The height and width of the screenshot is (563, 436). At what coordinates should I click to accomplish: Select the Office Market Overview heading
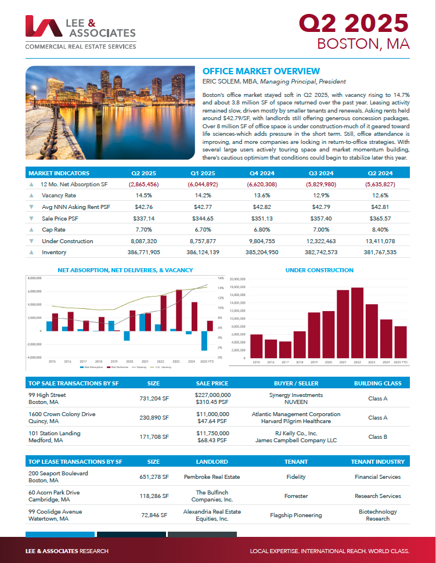pyautogui.click(x=261, y=71)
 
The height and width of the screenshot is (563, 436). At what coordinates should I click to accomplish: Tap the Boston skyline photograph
pyautogui.click(x=110, y=113)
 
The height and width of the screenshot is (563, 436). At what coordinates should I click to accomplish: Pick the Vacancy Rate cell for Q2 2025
pyautogui.click(x=143, y=196)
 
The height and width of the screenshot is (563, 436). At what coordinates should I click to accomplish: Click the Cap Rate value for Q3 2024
pyautogui.click(x=321, y=230)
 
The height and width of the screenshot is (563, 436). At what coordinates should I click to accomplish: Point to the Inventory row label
pyautogui.click(x=54, y=252)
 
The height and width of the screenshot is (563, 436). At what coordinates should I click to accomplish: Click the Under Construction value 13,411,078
pyautogui.click(x=380, y=241)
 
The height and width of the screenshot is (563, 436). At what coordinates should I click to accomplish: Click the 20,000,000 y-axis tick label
pyautogui.click(x=239, y=279)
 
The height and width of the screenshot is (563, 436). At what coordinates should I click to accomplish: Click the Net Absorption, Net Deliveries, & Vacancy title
pyautogui.click(x=125, y=270)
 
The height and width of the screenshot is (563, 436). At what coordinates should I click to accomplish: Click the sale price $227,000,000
pyautogui.click(x=212, y=395)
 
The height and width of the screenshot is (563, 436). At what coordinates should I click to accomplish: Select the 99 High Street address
pyautogui.click(x=47, y=395)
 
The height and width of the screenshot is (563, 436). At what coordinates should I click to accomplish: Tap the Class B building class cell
pyautogui.click(x=378, y=437)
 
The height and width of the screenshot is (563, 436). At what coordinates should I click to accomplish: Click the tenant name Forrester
pyautogui.click(x=296, y=496)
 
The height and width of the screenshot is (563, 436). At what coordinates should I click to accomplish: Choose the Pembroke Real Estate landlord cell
pyautogui.click(x=212, y=477)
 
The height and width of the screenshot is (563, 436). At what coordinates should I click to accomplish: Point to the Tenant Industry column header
pyautogui.click(x=378, y=462)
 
